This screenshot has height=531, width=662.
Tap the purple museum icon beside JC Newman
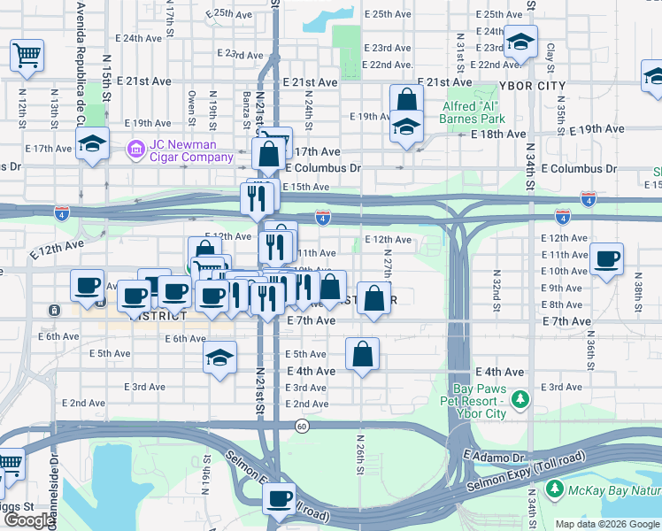[135, 148]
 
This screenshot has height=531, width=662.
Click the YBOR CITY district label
[532, 86]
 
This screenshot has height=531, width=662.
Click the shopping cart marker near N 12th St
[27, 56]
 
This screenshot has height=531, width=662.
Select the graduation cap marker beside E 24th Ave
[521, 42]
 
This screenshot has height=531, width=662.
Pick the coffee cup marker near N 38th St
[607, 259]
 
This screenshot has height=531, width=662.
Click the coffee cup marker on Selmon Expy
[281, 498]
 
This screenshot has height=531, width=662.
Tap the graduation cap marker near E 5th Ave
[219, 358]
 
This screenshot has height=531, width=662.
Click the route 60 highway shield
[303, 427]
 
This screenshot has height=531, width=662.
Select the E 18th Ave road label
[498, 134]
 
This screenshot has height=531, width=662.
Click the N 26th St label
[360, 452]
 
